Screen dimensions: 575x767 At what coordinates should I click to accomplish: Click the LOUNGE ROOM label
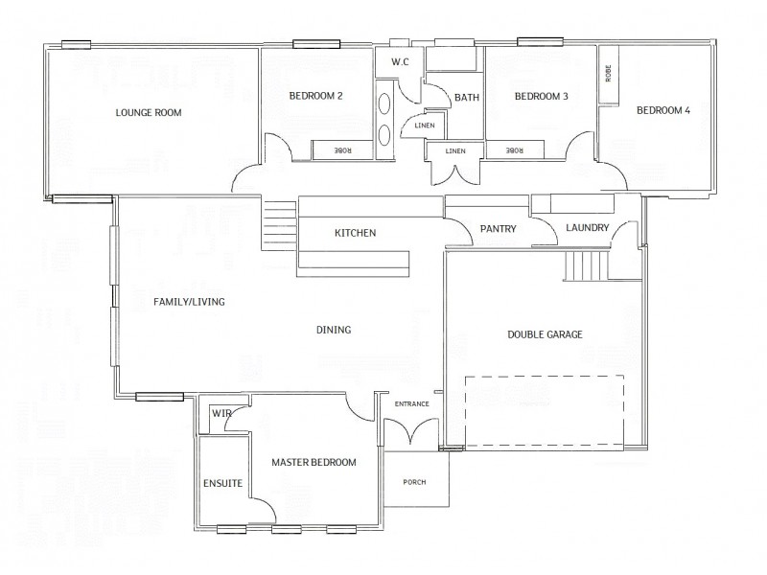149,112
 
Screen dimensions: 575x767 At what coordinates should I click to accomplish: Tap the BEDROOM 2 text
315,96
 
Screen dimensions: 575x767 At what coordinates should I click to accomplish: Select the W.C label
400,63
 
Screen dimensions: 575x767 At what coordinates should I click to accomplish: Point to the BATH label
467,98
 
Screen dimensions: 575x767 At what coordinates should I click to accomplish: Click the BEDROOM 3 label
541,96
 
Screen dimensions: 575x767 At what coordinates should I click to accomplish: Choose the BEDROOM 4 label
663,110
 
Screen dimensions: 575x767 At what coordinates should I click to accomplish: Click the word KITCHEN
354,233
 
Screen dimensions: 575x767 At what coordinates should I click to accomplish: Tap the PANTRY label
498,229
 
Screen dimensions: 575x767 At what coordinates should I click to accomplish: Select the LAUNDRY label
587,228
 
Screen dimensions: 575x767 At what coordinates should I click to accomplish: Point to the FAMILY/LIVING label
189,301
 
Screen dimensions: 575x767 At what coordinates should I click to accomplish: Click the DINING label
334,330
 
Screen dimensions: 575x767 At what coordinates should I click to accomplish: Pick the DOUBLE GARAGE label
545,334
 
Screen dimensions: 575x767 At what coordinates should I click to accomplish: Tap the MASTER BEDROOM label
314,462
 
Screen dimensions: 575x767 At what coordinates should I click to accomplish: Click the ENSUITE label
222,483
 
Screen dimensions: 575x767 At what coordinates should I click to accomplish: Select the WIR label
222,413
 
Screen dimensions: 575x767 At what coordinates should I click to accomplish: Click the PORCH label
414,482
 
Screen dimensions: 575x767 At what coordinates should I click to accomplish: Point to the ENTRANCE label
412,403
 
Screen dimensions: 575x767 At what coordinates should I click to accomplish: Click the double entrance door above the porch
412,432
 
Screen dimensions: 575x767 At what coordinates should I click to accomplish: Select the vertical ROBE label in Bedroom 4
608,74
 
